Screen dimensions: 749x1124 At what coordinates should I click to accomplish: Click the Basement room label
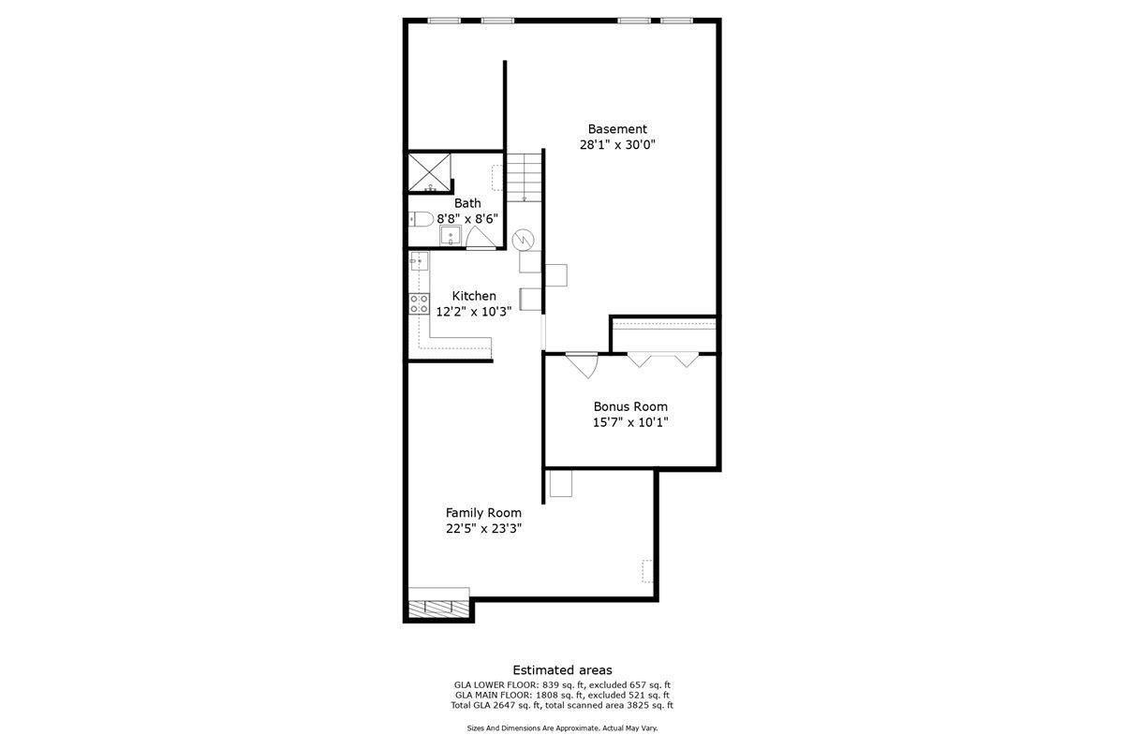617,129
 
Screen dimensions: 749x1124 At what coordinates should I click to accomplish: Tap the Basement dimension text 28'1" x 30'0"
617,145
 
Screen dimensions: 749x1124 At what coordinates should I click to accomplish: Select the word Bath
467,203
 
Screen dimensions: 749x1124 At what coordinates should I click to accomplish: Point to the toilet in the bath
421,219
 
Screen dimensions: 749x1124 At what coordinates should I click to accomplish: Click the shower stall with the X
430,171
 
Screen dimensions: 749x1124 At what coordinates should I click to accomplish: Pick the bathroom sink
451,235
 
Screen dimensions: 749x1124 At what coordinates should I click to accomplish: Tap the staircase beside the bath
525,177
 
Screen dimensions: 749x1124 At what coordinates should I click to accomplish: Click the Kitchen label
474,296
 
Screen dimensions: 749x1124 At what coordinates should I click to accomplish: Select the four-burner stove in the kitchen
419,303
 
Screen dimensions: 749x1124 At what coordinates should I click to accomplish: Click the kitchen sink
419,261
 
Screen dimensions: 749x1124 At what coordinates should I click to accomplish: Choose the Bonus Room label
630,406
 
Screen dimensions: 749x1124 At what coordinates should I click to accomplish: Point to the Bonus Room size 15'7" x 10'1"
630,422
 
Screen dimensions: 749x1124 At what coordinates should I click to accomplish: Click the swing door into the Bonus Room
583,363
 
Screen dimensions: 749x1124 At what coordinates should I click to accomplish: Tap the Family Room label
483,513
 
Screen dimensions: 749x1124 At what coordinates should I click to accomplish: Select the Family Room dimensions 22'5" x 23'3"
483,529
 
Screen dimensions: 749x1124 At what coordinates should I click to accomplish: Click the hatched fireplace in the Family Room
438,605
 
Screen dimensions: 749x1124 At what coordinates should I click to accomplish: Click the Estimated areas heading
562,669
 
